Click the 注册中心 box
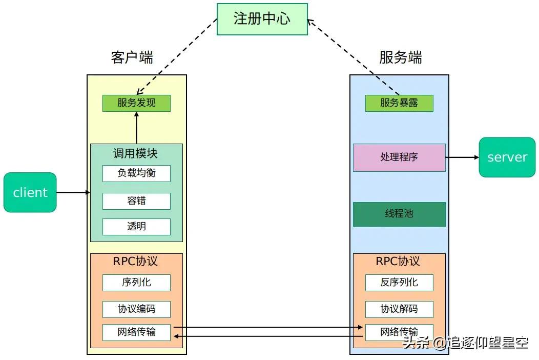tap(262, 19)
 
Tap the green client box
tap(30, 192)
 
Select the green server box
tap(507, 157)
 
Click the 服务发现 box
tap(136, 103)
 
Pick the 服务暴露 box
tap(399, 103)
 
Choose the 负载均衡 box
tap(136, 173)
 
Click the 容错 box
tap(136, 201)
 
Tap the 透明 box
tap(136, 227)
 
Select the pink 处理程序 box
tap(399, 157)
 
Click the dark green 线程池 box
tap(399, 214)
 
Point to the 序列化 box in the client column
tap(136, 282)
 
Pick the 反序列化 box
tap(399, 282)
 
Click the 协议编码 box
tap(136, 309)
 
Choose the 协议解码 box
tap(399, 309)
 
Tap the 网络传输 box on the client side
tap(136, 332)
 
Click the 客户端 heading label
tap(132, 57)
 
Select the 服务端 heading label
tap(401, 57)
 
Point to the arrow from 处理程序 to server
tap(462, 157)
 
